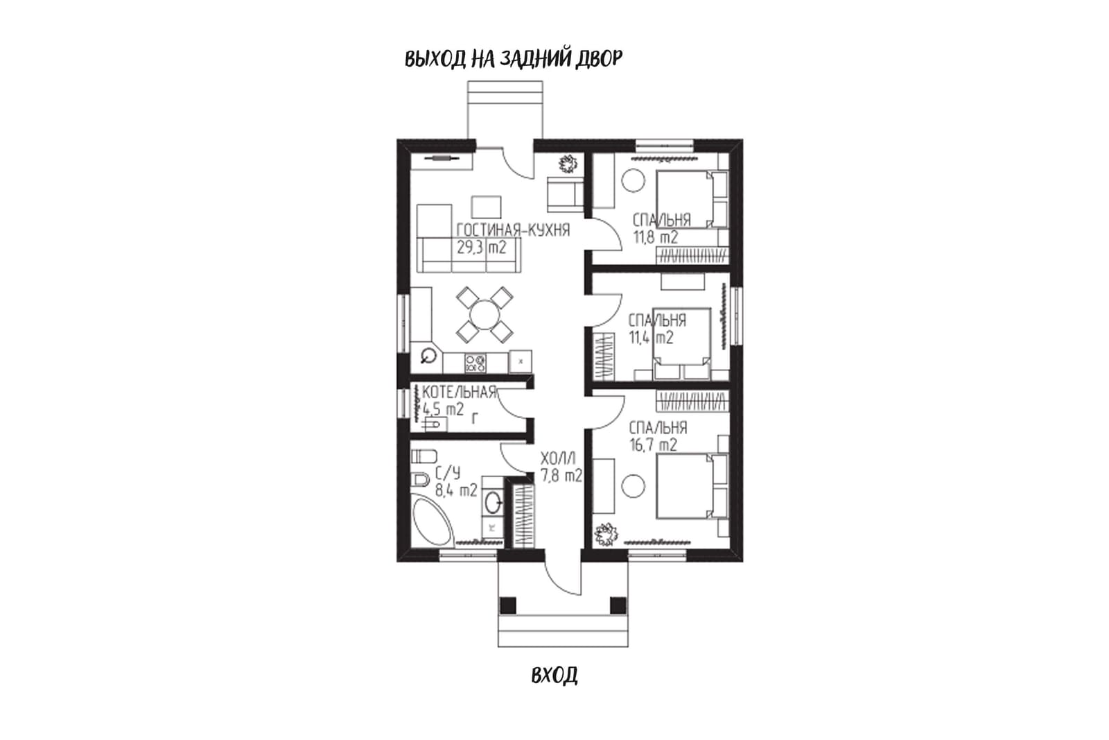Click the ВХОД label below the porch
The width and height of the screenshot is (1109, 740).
554,675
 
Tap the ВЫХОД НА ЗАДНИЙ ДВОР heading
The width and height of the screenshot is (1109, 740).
514,58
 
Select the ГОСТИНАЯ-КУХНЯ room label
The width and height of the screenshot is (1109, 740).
513,230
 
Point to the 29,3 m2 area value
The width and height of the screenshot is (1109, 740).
481,247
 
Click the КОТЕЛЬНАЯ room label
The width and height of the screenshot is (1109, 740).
459,393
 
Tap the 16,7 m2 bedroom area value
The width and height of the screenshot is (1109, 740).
653,445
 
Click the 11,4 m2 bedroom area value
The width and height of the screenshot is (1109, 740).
651,338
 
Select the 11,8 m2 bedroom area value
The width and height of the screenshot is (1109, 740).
656,237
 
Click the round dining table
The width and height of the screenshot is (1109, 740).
484,315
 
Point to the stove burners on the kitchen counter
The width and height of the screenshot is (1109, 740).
129,363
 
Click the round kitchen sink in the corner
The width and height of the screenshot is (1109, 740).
428,355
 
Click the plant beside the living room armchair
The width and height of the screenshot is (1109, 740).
568,164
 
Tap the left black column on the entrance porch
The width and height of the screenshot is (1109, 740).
507,605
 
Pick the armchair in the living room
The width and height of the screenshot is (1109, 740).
565,195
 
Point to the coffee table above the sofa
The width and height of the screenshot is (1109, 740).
486,207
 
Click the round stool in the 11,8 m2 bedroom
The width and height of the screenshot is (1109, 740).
633,181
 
